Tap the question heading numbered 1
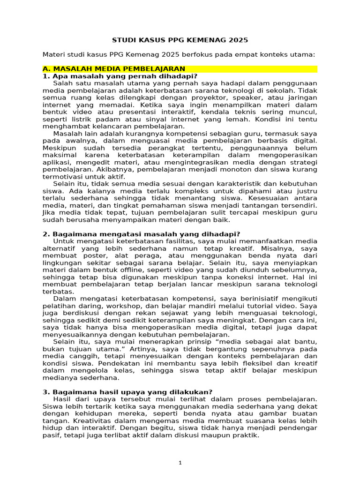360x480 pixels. click(x=120, y=76)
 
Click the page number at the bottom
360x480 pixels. click(x=180, y=463)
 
